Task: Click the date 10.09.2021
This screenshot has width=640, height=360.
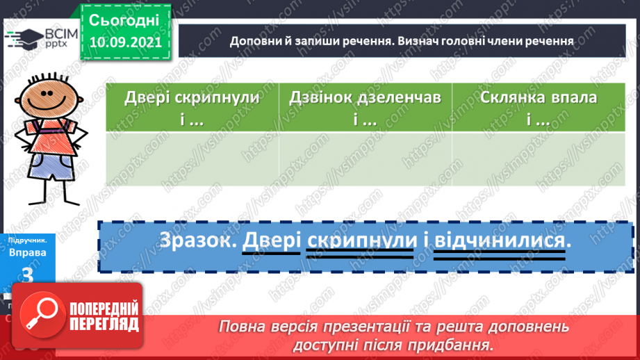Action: pyautogui.click(x=125, y=42)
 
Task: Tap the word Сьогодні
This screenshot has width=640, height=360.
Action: pyautogui.click(x=125, y=19)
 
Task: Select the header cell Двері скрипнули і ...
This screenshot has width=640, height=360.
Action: pyautogui.click(x=192, y=108)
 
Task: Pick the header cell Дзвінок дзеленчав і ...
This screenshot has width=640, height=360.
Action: pyautogui.click(x=365, y=108)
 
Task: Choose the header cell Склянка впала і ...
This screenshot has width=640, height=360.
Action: pyautogui.click(x=538, y=108)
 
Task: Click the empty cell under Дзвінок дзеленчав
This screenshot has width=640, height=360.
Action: pyautogui.click(x=365, y=159)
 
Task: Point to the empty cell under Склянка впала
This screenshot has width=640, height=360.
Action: pyautogui.click(x=538, y=159)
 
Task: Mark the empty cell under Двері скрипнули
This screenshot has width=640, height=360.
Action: pyautogui.click(x=192, y=159)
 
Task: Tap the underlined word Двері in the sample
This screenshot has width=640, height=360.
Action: pyautogui.click(x=271, y=240)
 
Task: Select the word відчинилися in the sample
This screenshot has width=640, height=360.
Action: pyautogui.click(x=499, y=240)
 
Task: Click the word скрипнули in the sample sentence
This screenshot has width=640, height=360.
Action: pyautogui.click(x=361, y=240)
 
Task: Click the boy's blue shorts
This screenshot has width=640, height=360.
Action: pyautogui.click(x=46, y=167)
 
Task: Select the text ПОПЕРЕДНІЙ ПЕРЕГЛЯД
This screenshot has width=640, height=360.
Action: pyautogui.click(x=104, y=316)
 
